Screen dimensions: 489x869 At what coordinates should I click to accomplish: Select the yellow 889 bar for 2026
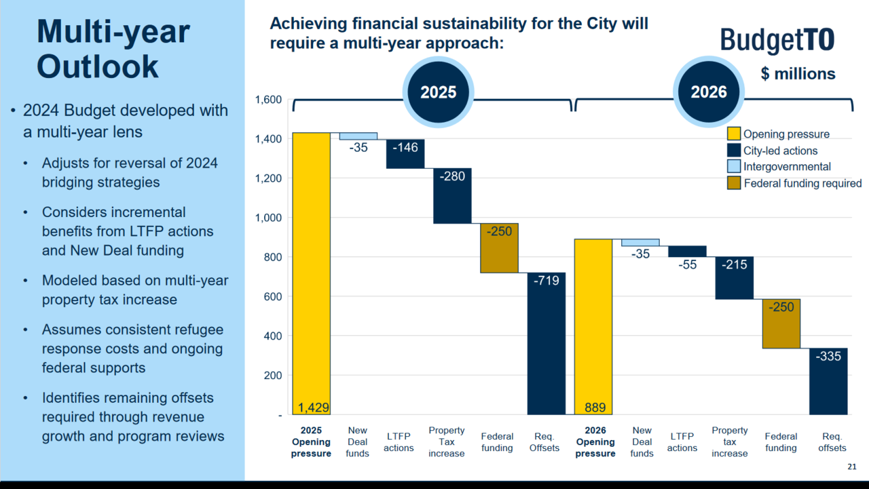pyautogui.click(x=593, y=326)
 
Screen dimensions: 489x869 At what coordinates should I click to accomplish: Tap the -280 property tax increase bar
pyautogui.click(x=452, y=196)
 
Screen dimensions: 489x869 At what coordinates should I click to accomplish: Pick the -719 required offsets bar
pyautogui.click(x=547, y=343)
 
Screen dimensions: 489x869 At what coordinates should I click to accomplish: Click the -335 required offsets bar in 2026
pyautogui.click(x=828, y=381)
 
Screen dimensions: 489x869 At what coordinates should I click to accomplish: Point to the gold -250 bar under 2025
pyautogui.click(x=499, y=248)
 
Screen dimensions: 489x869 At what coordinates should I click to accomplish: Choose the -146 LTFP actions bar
pyautogui.click(x=405, y=154)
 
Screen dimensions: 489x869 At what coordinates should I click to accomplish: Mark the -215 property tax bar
pyautogui.click(x=735, y=278)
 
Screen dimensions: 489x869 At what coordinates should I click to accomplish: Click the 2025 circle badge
pyautogui.click(x=439, y=92)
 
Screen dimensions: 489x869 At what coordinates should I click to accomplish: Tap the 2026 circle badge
pyautogui.click(x=709, y=92)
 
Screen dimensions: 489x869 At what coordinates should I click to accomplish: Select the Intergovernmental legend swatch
pyautogui.click(x=734, y=167)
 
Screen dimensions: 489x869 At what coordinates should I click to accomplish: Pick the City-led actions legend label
pyautogui.click(x=780, y=151)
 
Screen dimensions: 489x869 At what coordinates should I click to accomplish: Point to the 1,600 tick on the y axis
pyautogui.click(x=268, y=100)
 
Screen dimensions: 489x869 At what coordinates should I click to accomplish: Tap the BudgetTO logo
pyautogui.click(x=777, y=41)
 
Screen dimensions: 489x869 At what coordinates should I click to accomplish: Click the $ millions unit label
pyautogui.click(x=798, y=74)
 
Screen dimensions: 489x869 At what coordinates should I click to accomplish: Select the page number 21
pyautogui.click(x=852, y=467)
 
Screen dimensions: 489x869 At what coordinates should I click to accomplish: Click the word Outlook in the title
pyautogui.click(x=98, y=66)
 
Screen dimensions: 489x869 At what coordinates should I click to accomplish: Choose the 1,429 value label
pyautogui.click(x=314, y=408)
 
